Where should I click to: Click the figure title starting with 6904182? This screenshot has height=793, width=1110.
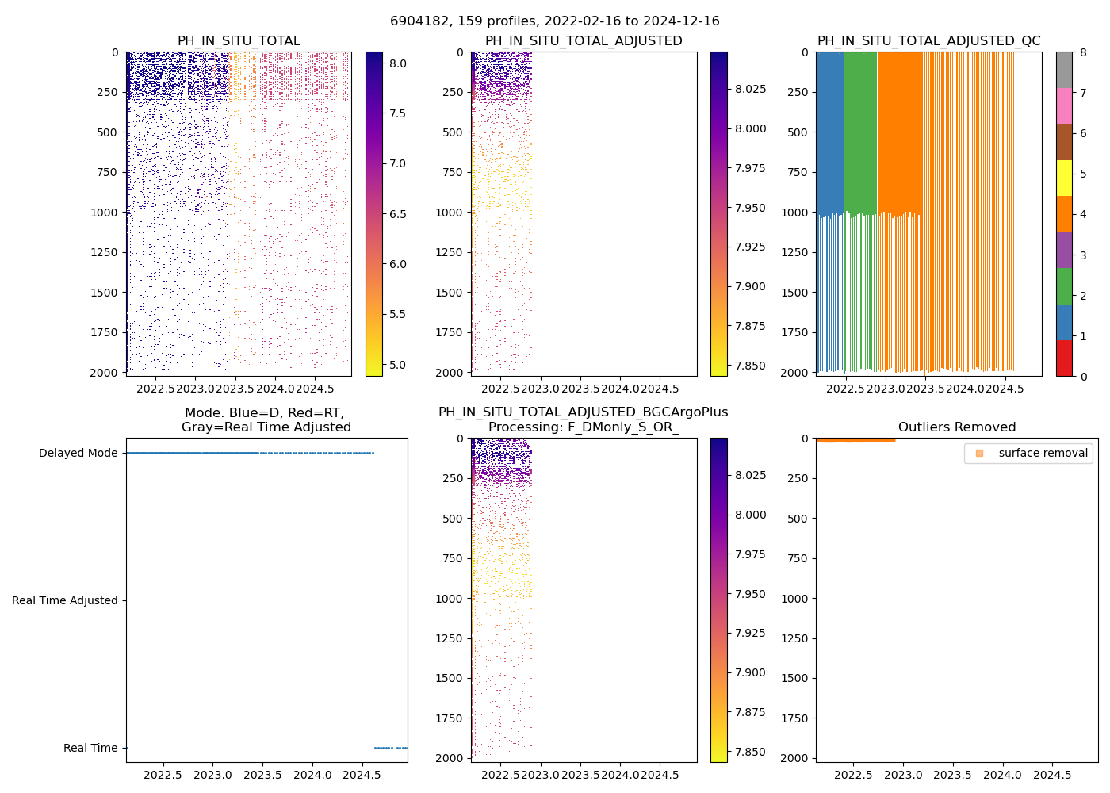[x=554, y=21]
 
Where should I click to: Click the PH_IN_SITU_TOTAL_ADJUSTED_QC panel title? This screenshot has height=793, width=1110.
[x=928, y=41]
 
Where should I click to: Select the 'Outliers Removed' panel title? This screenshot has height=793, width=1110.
[x=957, y=427]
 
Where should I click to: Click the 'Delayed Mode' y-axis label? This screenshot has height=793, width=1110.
[x=78, y=453]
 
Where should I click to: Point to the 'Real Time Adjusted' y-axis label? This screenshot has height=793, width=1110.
[x=64, y=600]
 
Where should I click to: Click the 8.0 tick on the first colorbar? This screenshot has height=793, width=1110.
[x=397, y=63]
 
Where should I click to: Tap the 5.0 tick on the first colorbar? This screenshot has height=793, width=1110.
[x=397, y=365]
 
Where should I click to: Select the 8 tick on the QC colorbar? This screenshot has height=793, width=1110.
[x=1082, y=52]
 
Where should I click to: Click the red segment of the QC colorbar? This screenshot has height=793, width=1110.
[x=1064, y=358]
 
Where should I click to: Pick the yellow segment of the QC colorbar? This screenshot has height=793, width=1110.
[x=1064, y=178]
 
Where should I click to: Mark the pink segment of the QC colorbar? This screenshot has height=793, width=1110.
[x=1064, y=106]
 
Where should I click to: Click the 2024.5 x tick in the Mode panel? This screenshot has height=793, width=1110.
[x=362, y=775]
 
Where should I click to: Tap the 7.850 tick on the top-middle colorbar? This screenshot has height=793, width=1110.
[x=749, y=366]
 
